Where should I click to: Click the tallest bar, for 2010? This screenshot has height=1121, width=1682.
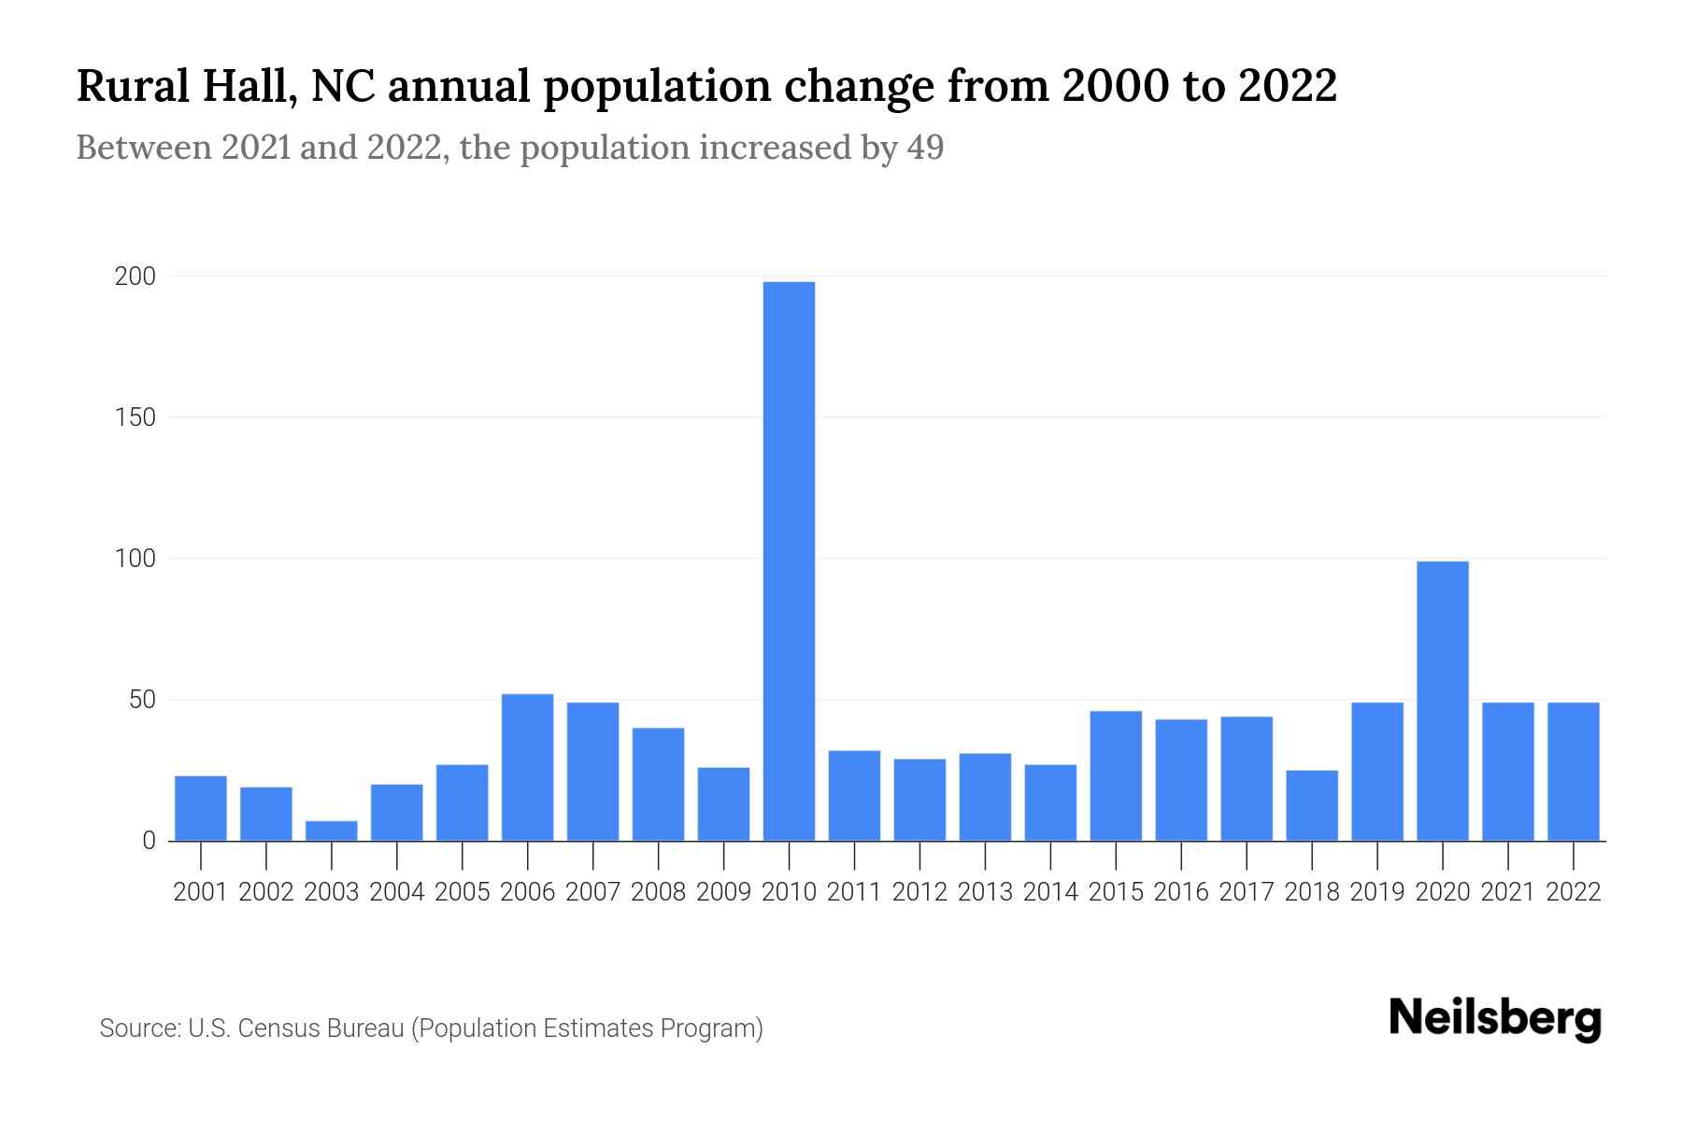pyautogui.click(x=789, y=560)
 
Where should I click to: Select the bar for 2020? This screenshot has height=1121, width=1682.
pyautogui.click(x=1442, y=701)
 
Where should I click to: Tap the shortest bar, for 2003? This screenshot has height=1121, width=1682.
pyautogui.click(x=332, y=830)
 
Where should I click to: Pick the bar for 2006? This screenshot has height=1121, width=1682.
pyautogui.click(x=527, y=767)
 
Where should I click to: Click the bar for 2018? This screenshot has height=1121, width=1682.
pyautogui.click(x=1311, y=805)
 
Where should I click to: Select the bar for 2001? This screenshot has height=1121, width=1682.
pyautogui.click(x=201, y=808)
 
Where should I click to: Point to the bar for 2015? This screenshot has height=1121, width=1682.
pyautogui.click(x=1115, y=775)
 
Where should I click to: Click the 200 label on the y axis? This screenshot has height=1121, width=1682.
pyautogui.click(x=135, y=277)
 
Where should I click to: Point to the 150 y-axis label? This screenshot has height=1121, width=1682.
pyautogui.click(x=135, y=418)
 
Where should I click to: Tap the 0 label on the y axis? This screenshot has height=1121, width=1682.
pyautogui.click(x=149, y=841)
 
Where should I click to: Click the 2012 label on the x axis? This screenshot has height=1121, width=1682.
pyautogui.click(x=919, y=892)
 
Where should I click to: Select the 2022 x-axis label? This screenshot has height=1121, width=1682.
pyautogui.click(x=1573, y=892)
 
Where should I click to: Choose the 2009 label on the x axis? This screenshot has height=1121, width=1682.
pyautogui.click(x=723, y=892)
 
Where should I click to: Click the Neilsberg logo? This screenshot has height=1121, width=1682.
pyautogui.click(x=1494, y=1019)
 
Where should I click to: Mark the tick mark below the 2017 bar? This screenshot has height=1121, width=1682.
pyautogui.click(x=1246, y=854)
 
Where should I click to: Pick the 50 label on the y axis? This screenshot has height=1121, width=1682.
pyautogui.click(x=141, y=700)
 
